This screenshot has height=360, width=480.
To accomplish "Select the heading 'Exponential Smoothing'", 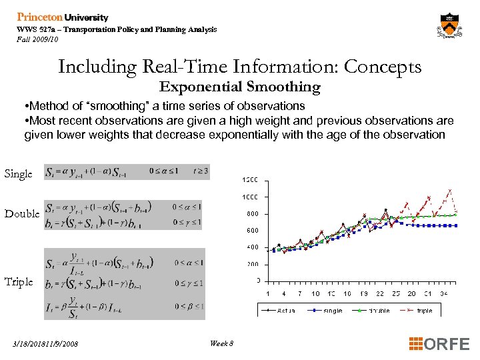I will click(240, 87).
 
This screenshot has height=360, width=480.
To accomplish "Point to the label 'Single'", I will click(19, 173).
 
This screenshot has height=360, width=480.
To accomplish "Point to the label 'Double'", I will click(22, 214).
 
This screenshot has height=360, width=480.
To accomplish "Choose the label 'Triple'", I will click(19, 281).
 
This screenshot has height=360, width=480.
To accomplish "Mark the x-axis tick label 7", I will click(300, 293).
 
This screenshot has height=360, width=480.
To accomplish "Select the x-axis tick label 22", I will click(380, 293).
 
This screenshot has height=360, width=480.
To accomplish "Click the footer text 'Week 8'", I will click(221, 343).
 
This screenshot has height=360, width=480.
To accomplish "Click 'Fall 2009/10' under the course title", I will click(38, 39).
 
